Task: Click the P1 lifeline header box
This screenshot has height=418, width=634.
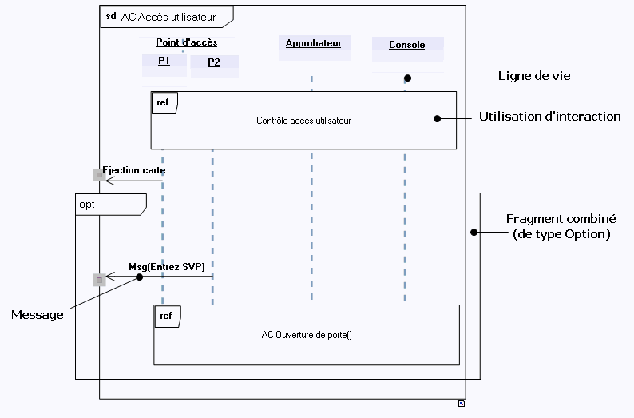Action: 164,62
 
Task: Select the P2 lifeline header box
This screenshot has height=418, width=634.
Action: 214,63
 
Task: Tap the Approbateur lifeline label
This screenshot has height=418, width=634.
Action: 313,44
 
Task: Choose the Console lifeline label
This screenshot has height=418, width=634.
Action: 407,46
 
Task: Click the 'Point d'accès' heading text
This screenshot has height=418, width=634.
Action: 186,43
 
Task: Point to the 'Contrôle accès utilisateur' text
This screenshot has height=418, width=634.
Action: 303,121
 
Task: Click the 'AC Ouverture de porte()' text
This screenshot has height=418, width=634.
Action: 307,335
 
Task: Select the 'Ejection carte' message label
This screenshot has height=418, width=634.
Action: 134,170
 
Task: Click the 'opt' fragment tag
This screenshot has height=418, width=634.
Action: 87,205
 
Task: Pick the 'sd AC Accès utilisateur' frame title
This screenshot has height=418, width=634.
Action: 161,16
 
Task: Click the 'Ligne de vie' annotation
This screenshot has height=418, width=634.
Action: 534,77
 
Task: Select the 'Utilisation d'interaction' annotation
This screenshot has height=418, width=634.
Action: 549,117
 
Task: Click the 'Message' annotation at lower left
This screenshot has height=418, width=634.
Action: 37,315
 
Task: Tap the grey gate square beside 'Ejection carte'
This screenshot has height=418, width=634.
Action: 99,175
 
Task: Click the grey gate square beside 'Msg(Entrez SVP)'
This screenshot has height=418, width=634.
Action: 99,280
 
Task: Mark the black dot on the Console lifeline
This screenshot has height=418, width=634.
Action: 407,78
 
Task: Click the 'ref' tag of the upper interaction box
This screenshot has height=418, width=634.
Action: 163,102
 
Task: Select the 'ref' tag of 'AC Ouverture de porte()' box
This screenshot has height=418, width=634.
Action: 166,316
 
